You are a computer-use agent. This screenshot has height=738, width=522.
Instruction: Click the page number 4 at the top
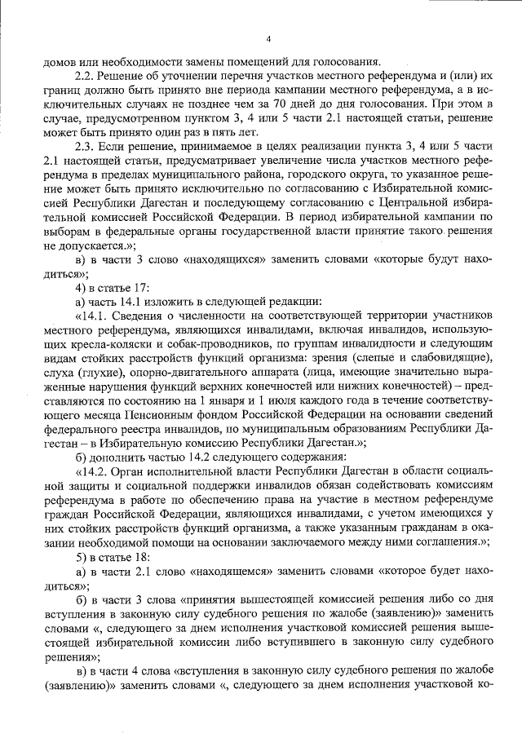268,40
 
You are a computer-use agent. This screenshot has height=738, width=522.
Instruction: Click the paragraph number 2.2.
82,79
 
